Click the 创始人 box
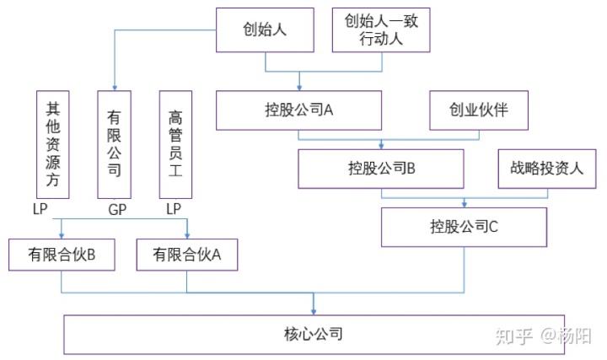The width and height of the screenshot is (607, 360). click(x=265, y=30)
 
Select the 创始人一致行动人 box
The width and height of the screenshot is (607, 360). click(x=381, y=30)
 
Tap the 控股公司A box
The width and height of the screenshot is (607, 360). click(x=298, y=110)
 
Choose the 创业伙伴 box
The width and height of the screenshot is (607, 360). click(x=479, y=110)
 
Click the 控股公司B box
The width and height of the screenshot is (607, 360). click(x=381, y=168)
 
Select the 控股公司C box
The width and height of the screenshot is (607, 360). click(x=464, y=227)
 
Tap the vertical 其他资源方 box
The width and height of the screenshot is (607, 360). click(x=52, y=144)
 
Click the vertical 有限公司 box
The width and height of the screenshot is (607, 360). click(x=115, y=144)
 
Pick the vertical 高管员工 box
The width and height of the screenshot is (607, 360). click(x=176, y=144)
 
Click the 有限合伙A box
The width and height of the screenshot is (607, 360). click(x=187, y=254)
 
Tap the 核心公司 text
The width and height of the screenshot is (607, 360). click(x=314, y=334)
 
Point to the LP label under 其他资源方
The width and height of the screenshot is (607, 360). click(x=40, y=208)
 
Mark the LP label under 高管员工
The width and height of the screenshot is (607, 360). click(x=174, y=208)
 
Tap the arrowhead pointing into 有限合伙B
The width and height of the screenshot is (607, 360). click(x=62, y=235)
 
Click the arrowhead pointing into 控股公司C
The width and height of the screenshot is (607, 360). click(x=465, y=204)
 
